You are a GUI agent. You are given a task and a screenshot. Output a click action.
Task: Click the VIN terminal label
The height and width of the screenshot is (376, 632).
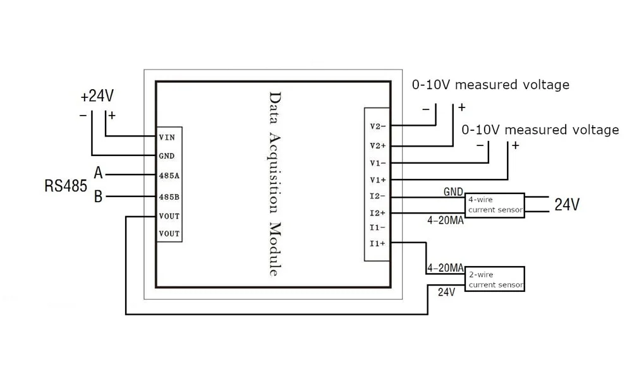click(167, 137)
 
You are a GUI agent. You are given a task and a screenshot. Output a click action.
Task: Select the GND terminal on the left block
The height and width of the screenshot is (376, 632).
click(166, 156)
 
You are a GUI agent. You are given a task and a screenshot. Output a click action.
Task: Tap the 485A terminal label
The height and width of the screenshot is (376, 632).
click(169, 176)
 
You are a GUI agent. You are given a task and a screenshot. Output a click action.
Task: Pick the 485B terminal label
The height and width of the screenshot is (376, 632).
click(169, 197)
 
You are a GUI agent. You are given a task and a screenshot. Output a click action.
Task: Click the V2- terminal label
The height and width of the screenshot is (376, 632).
click(378, 126)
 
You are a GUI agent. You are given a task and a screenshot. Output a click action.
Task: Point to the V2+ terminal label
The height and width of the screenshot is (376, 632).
click(378, 145)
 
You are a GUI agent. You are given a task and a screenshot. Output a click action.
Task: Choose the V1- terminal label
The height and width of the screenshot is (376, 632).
click(378, 163)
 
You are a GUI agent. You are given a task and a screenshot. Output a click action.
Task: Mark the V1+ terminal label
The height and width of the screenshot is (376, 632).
click(378, 179)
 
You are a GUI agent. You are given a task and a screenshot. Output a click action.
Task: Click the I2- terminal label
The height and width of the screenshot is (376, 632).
click(378, 197)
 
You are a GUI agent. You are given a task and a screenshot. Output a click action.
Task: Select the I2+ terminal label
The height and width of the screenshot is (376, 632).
click(378, 213)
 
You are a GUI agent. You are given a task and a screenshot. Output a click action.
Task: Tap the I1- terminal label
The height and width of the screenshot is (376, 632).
click(378, 227)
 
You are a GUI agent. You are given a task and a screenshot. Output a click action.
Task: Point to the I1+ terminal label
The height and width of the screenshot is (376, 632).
click(378, 243)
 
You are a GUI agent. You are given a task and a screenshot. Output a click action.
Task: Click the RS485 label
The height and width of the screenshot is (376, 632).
click(66, 186)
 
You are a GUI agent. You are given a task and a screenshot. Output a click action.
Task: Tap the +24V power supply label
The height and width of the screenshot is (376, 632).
click(97, 96)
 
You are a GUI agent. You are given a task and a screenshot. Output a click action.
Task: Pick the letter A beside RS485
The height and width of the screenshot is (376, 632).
click(99, 173)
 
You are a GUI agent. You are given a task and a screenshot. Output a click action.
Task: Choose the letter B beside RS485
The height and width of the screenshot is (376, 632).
click(99, 197)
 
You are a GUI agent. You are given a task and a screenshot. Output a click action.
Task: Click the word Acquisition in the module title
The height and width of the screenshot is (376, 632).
click(274, 173)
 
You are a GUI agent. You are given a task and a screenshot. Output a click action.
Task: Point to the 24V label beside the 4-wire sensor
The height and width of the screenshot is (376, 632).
click(567, 204)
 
